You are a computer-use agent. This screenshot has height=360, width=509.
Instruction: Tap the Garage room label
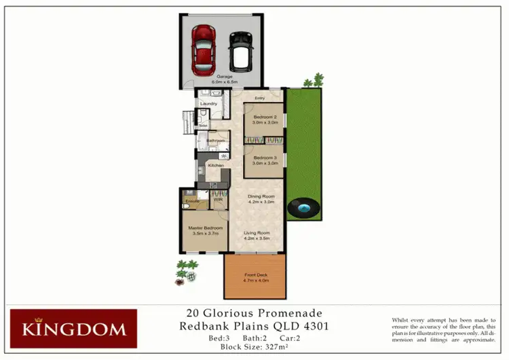[224, 77]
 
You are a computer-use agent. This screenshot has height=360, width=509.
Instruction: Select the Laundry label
[208, 103]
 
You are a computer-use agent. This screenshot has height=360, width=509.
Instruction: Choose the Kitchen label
[216, 166]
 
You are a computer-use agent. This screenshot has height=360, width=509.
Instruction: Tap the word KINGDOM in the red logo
[73, 330]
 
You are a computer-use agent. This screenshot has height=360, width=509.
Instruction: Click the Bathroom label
[216, 141]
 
